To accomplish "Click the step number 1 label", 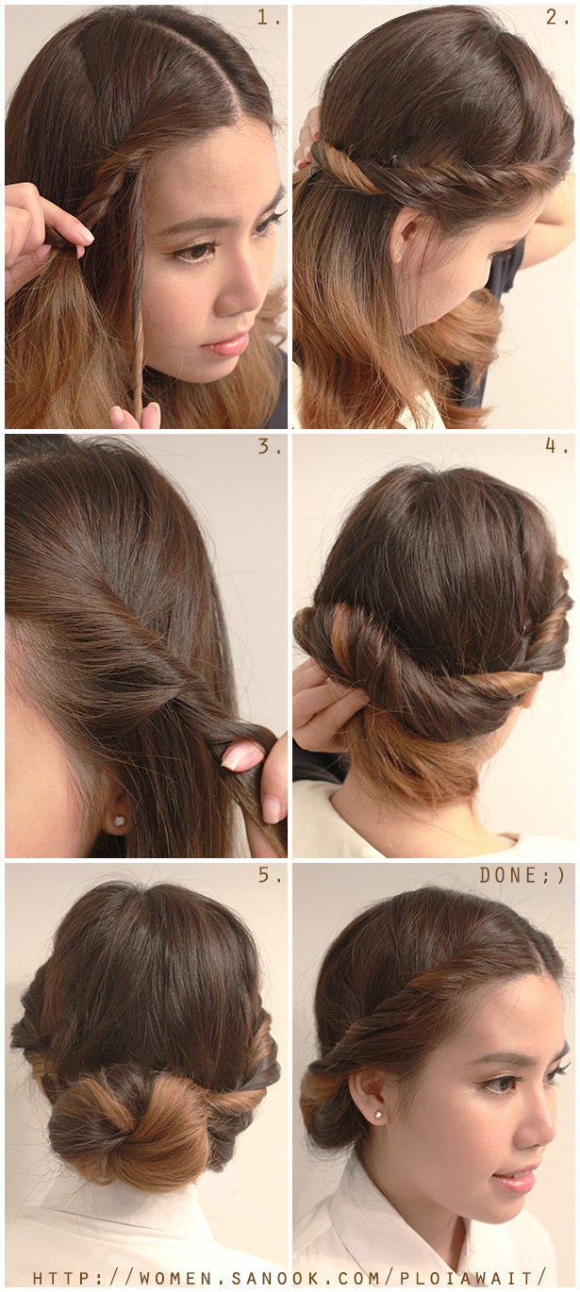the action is coord(268,18).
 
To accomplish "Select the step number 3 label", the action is coord(269,446).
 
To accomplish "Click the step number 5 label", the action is coord(269,875).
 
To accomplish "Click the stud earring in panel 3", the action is coord(121,820).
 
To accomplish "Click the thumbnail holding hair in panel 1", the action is coord(84,234).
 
